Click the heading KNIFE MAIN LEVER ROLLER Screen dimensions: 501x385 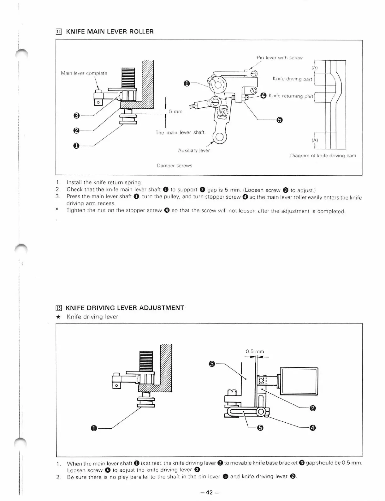pyautogui.click(x=110, y=32)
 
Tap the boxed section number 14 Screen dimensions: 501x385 pyautogui.click(x=59, y=32)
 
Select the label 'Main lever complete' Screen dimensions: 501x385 pyautogui.click(x=84, y=73)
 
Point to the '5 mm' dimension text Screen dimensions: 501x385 pyautogui.click(x=176, y=112)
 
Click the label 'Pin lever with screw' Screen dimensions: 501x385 pyautogui.click(x=280, y=58)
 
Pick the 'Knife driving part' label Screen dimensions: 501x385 pyautogui.click(x=292, y=79)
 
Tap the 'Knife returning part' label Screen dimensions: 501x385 pyautogui.click(x=291, y=96)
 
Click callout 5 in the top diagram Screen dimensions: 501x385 pyautogui.click(x=280, y=120)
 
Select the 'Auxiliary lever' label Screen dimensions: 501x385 pyautogui.click(x=194, y=150)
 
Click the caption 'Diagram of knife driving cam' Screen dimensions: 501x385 pyautogui.click(x=323, y=155)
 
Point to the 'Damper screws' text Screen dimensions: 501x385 pyautogui.click(x=175, y=166)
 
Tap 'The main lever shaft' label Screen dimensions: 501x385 pyautogui.click(x=180, y=133)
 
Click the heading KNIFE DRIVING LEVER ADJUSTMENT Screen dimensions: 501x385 pyautogui.click(x=125, y=308)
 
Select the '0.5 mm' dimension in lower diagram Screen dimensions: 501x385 pyautogui.click(x=255, y=351)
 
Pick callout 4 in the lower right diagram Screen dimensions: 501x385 pyautogui.click(x=312, y=428)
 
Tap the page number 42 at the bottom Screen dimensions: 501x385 pyautogui.click(x=210, y=492)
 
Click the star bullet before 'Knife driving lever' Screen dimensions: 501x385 pyautogui.click(x=58, y=317)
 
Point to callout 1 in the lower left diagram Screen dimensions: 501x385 pyautogui.click(x=94, y=428)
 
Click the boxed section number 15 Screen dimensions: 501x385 pyautogui.click(x=59, y=308)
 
